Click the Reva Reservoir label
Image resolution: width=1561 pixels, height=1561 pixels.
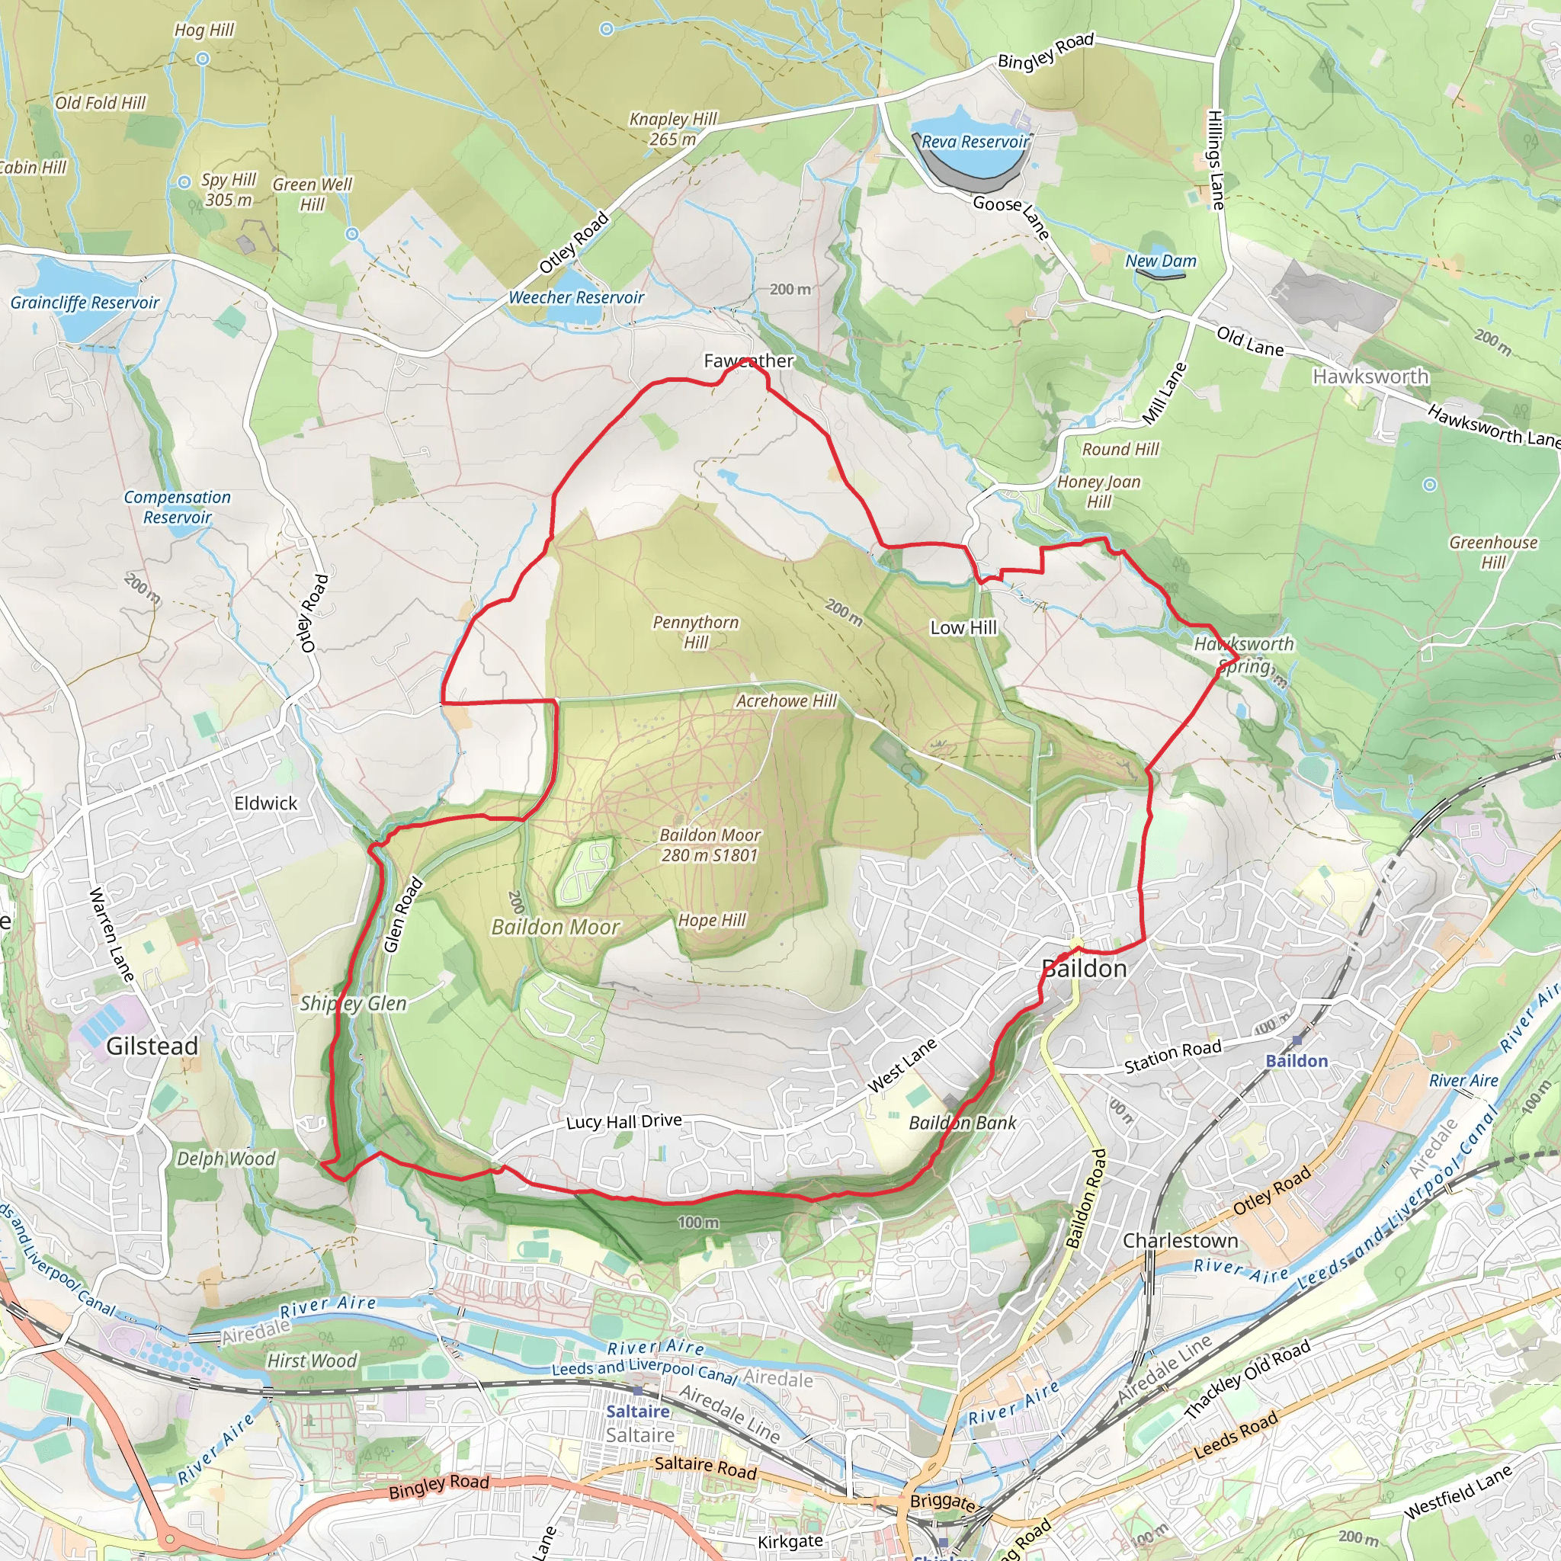pyautogui.click(x=975, y=142)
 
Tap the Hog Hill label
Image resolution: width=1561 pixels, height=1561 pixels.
pyautogui.click(x=204, y=30)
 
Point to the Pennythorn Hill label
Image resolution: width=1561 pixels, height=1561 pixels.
pyautogui.click(x=696, y=632)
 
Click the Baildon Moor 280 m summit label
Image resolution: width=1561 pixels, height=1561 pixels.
pyautogui.click(x=710, y=845)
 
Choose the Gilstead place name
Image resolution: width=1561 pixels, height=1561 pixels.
pyautogui.click(x=152, y=1047)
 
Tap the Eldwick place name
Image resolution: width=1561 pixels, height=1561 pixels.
pyautogui.click(x=266, y=803)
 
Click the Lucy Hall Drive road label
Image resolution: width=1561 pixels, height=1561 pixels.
pyautogui.click(x=623, y=1121)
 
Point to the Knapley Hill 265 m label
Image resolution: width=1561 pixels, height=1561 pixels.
pyautogui.click(x=673, y=129)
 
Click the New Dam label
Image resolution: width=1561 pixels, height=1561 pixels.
pyautogui.click(x=1160, y=261)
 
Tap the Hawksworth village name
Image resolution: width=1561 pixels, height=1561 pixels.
pyautogui.click(x=1370, y=377)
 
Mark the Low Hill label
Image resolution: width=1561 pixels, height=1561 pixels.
pyautogui.click(x=963, y=628)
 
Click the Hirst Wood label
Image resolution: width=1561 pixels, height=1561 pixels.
pyautogui.click(x=312, y=1361)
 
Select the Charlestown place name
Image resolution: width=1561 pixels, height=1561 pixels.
pyautogui.click(x=1180, y=1240)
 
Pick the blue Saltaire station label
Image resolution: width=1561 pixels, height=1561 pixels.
pyautogui.click(x=637, y=1412)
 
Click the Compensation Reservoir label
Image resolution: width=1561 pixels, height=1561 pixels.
pyautogui.click(x=177, y=507)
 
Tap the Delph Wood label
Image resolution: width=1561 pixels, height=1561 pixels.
pyautogui.click(x=226, y=1159)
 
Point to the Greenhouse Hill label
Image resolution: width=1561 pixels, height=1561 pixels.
pyautogui.click(x=1493, y=552)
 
